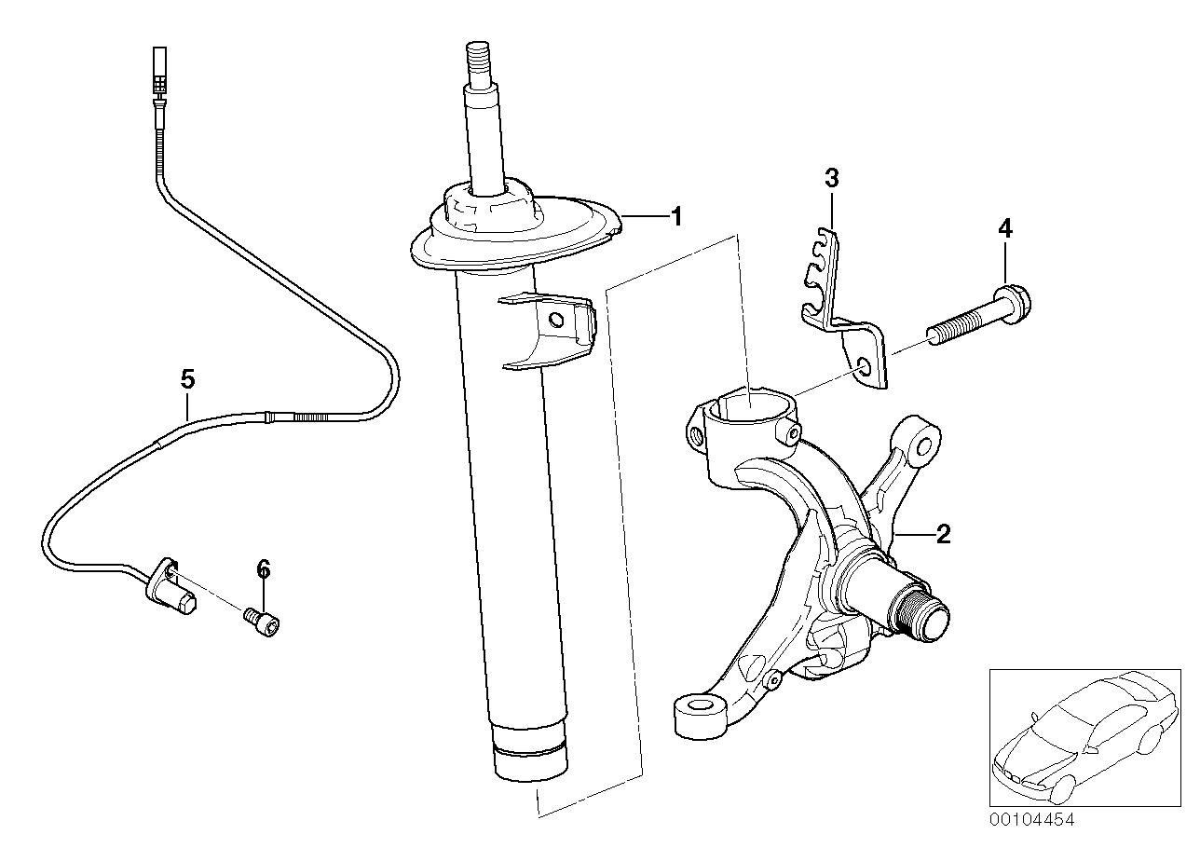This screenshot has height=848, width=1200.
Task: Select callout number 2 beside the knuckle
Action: [x=942, y=534]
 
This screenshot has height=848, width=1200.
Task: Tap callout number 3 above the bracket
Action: [x=832, y=178]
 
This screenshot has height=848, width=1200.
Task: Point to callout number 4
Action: [x=1004, y=227]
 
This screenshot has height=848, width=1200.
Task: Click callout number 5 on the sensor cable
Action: [x=187, y=379]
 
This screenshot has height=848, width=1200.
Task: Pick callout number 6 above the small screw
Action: [x=263, y=568]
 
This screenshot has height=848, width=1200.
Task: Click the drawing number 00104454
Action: [x=1031, y=821]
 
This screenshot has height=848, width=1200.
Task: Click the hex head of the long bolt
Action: [x=1016, y=302]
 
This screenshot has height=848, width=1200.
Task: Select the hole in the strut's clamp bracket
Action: [x=557, y=321]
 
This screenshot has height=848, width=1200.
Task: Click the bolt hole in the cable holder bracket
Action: [x=866, y=366]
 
